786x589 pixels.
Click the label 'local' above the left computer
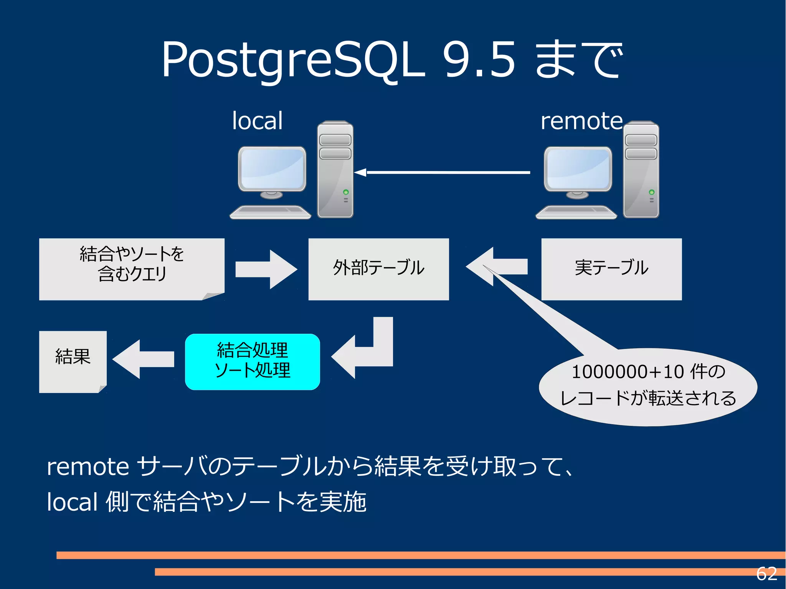pyautogui.click(x=257, y=121)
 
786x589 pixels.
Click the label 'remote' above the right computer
pyautogui.click(x=581, y=121)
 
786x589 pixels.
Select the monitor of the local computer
pyautogui.click(x=272, y=169)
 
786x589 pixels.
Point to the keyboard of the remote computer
pyautogui.click(x=576, y=212)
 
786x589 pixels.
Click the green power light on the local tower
pyautogui.click(x=346, y=192)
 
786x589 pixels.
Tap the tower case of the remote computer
pyautogui.click(x=641, y=177)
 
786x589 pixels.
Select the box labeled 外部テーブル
pyautogui.click(x=378, y=269)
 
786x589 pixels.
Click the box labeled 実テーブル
pyautogui.click(x=611, y=269)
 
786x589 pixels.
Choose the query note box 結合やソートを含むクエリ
pyautogui.click(x=132, y=269)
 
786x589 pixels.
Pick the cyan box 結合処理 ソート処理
pyautogui.click(x=252, y=361)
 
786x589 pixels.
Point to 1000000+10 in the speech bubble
pyautogui.click(x=627, y=371)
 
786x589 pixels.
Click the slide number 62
pyautogui.click(x=766, y=574)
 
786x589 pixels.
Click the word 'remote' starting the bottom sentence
pyautogui.click(x=88, y=467)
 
